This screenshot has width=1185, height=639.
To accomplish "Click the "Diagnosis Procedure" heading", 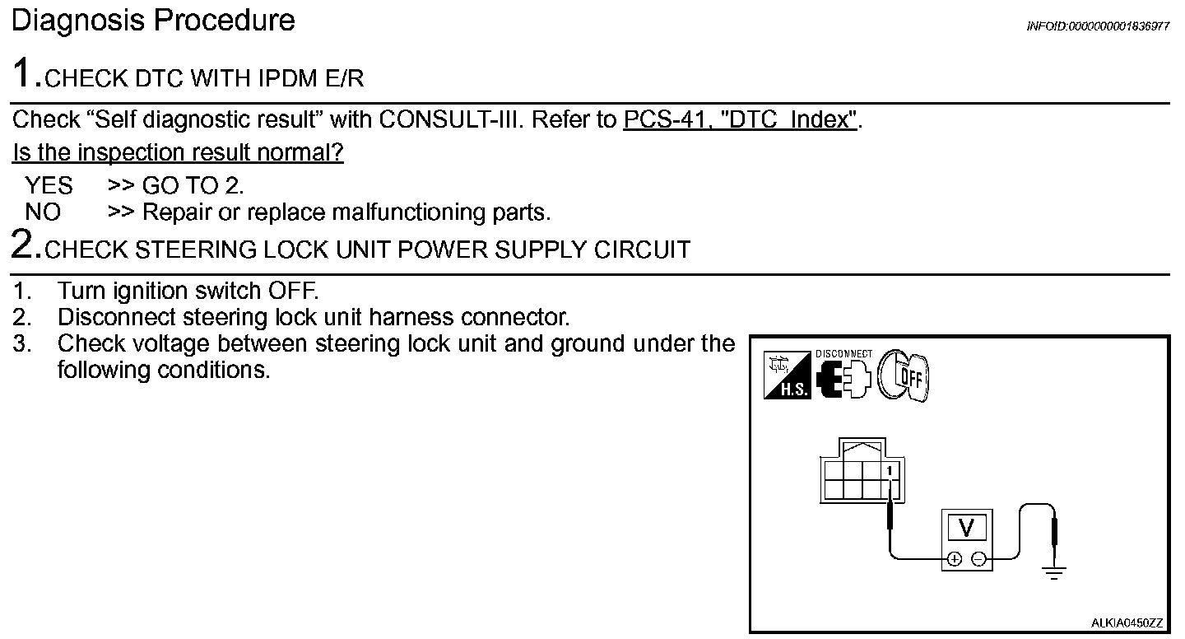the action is tap(153, 20).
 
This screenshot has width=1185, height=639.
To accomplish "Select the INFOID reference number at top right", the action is tap(1098, 26).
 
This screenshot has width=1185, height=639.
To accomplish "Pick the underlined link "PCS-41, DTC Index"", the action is tap(741, 120).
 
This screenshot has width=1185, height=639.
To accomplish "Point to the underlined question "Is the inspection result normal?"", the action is tap(178, 153).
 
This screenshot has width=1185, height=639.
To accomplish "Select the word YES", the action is tap(49, 185).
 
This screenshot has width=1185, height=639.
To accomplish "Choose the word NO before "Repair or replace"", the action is tap(43, 212).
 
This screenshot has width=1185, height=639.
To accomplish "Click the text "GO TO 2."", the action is tap(193, 185).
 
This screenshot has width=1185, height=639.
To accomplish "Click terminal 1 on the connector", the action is tap(890, 470).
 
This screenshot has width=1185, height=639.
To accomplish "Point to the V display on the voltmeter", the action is tap(967, 526).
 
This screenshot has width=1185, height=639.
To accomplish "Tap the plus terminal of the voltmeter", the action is tap(954, 559).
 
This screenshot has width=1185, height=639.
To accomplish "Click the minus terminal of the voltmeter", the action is tap(979, 559).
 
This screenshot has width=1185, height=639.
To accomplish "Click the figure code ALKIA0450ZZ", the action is tap(1127, 623).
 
